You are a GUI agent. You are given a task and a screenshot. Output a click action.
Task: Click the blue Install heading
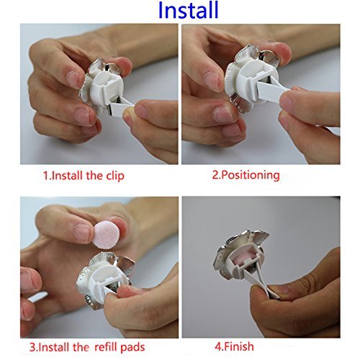pos(189,10)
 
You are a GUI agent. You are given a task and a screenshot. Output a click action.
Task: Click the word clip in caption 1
pos(115,176)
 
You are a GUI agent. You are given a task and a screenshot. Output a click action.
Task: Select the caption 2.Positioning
pos(246,176)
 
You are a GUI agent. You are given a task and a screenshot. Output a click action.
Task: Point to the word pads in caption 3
pos(132,347)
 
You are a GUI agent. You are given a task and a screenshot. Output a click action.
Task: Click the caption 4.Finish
pos(234,346)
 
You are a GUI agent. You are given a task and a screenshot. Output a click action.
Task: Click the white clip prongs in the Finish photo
pos(258,282)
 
